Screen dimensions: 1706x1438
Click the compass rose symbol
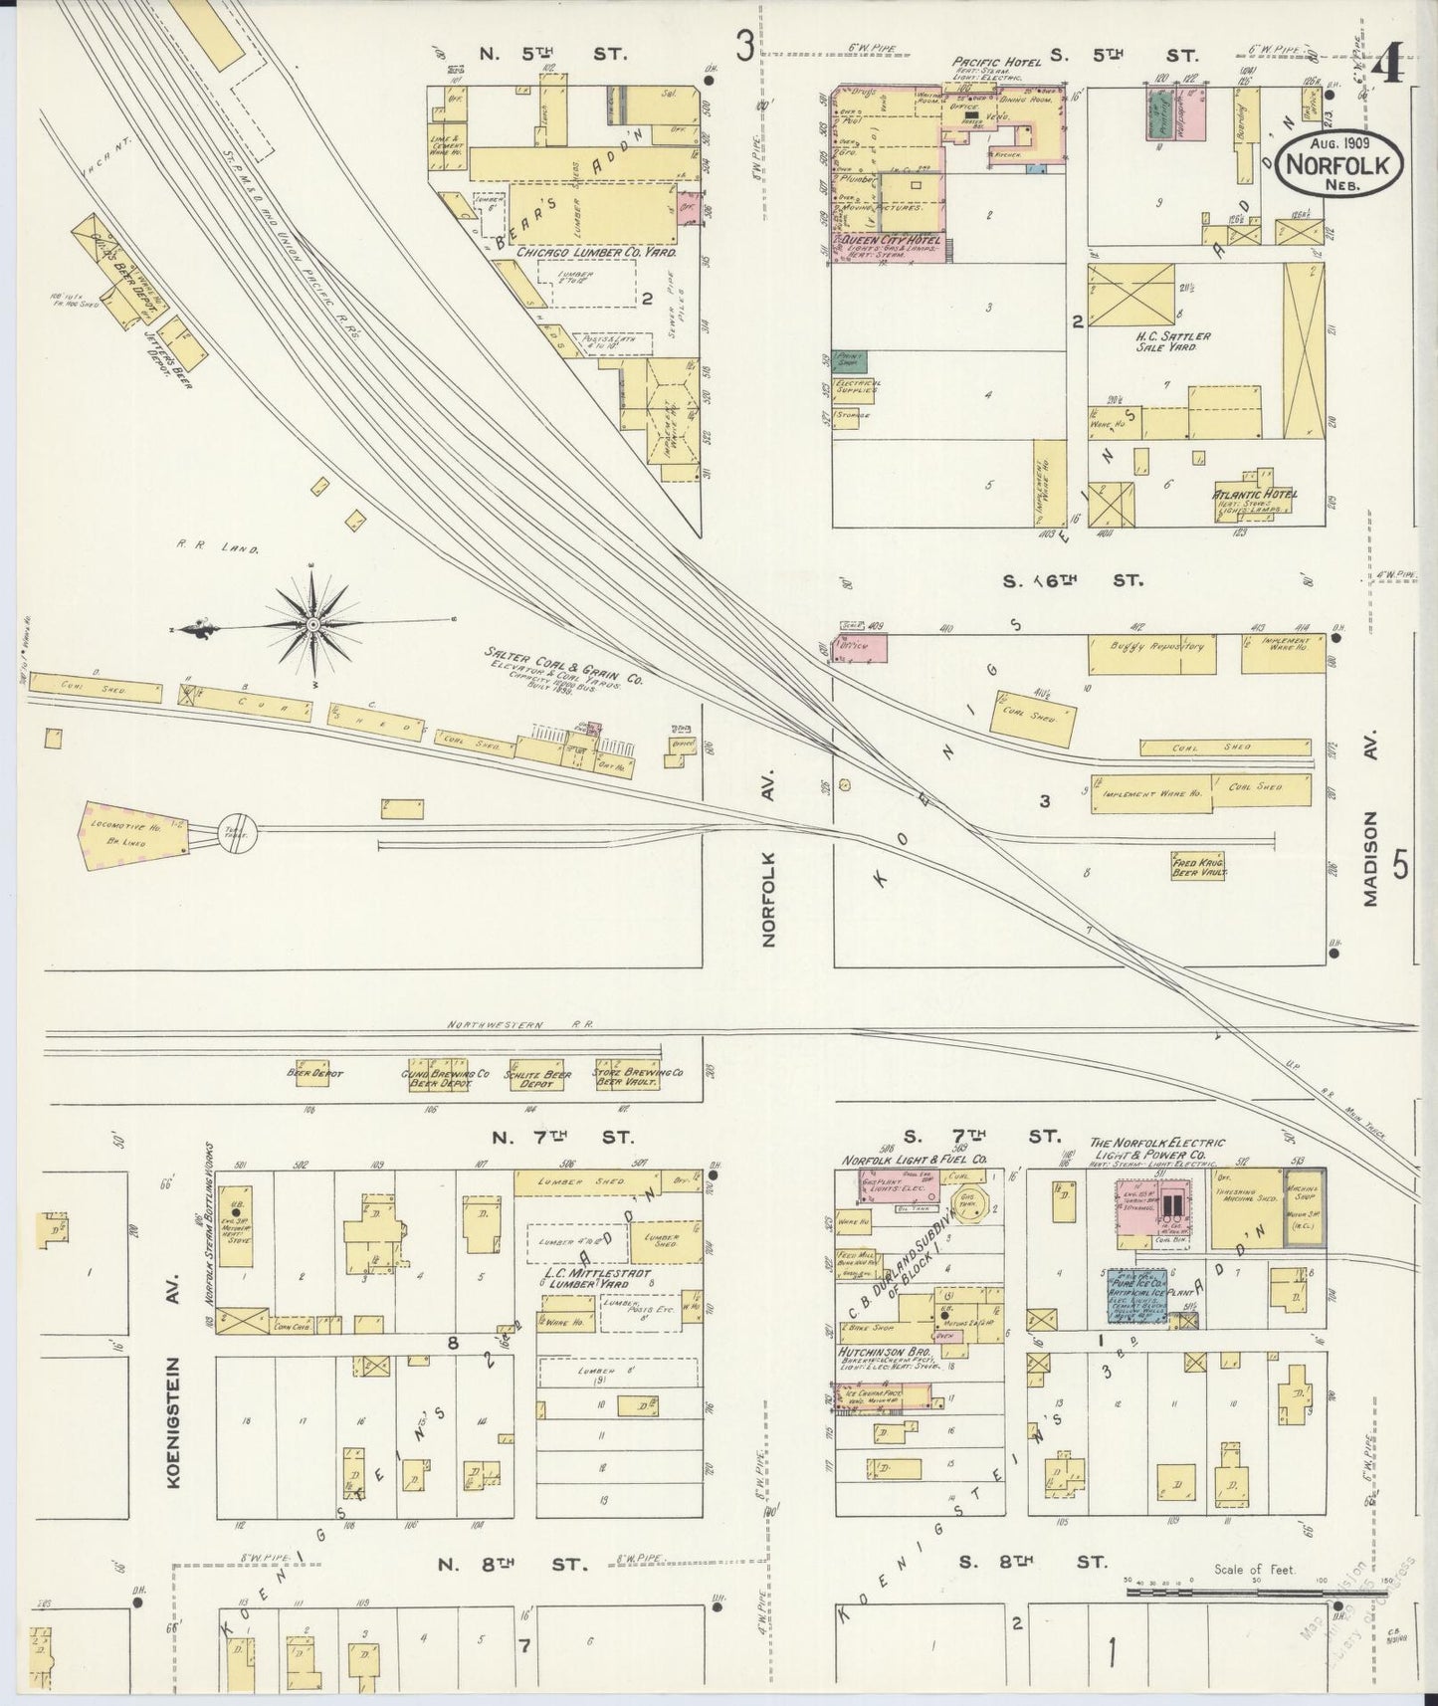312,624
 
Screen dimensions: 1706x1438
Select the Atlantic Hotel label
1254,494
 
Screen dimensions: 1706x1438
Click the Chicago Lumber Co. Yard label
596,254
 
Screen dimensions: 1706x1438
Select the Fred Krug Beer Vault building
1199,864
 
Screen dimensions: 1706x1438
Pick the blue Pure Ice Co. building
1138,1294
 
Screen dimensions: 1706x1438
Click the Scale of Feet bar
1254,1592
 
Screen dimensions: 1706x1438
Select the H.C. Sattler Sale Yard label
1173,342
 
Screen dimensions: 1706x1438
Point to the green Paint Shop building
851,360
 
